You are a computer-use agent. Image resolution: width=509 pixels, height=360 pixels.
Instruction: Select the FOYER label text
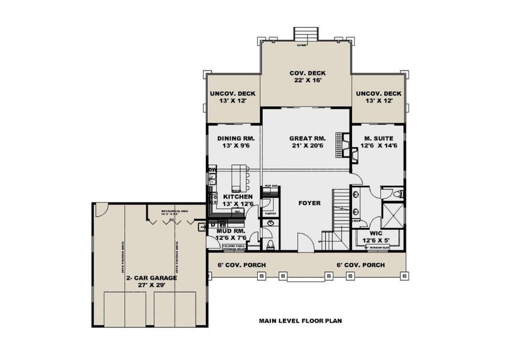[x=309, y=203]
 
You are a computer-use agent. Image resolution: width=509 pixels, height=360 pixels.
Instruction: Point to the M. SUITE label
[x=379, y=138]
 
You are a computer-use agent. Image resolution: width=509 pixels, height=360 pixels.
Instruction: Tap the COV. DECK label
[x=306, y=73]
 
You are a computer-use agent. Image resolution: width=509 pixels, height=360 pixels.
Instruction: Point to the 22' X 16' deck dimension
[x=306, y=82]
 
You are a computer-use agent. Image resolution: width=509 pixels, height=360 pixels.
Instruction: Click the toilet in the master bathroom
[x=399, y=194]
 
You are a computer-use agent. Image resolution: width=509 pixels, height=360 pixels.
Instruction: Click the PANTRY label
[x=270, y=213]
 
